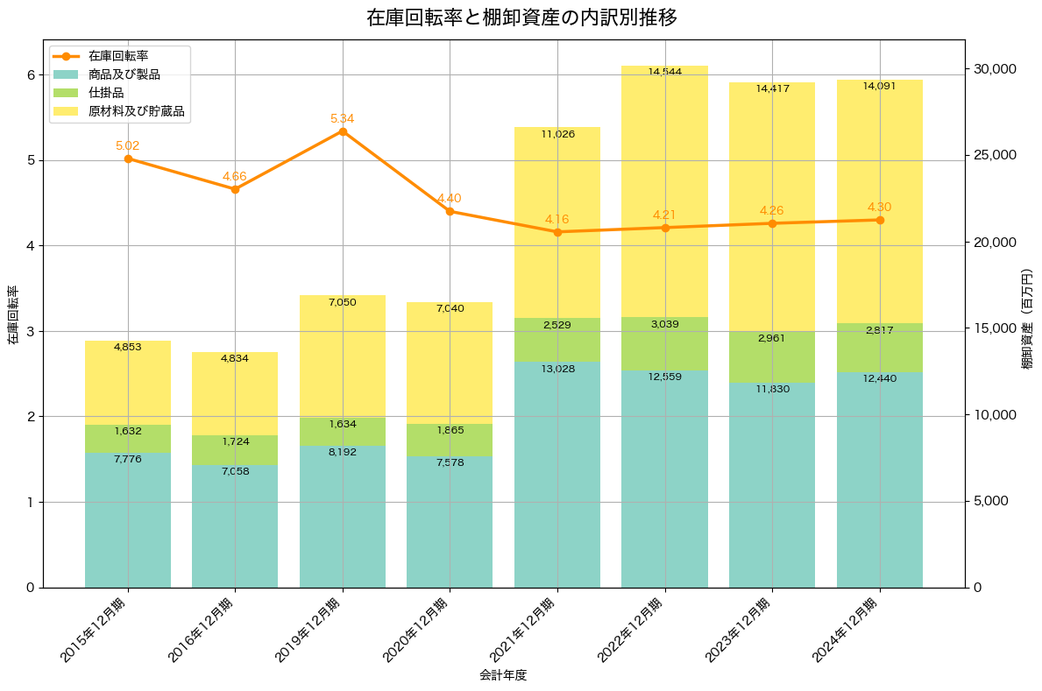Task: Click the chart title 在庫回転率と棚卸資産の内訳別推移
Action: (x=521, y=18)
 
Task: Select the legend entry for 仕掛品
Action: (x=106, y=93)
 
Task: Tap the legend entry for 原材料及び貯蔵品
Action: (x=136, y=111)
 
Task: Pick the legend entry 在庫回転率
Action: (x=117, y=56)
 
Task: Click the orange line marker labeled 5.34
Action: (x=343, y=131)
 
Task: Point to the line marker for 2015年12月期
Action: (x=128, y=159)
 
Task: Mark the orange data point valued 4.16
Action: (x=557, y=232)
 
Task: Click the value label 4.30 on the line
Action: (x=879, y=207)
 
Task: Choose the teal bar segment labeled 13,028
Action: (x=557, y=474)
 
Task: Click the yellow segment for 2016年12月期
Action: (x=235, y=393)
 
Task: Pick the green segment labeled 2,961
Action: (x=772, y=356)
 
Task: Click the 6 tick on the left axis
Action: (x=30, y=75)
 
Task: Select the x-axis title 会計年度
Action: (x=503, y=675)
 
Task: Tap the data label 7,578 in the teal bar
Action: (x=450, y=462)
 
